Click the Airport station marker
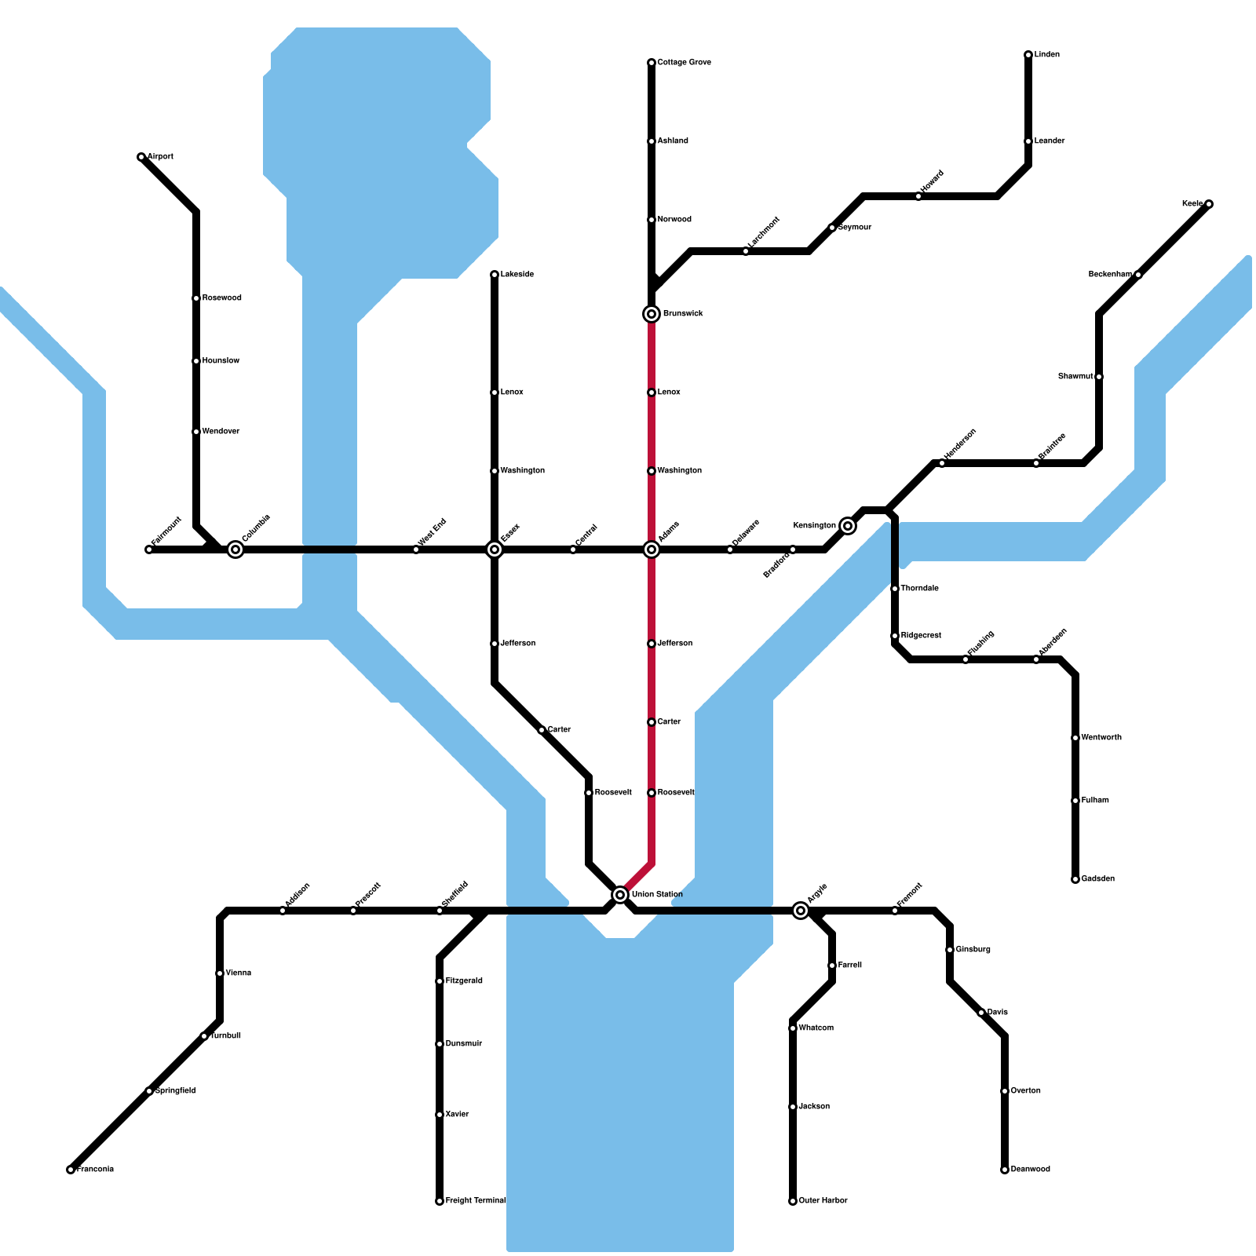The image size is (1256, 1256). (141, 157)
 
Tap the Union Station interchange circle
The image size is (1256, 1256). (620, 895)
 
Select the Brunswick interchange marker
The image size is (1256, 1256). (652, 314)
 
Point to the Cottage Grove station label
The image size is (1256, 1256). (684, 63)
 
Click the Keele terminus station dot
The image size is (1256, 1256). (1209, 204)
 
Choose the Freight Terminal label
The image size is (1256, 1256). (475, 1201)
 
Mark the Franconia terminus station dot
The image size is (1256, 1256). (71, 1170)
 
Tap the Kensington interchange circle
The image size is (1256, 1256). (848, 526)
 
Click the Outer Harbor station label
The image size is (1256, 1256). (823, 1201)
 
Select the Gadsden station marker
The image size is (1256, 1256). (1075, 879)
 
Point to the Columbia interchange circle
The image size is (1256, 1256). (235, 549)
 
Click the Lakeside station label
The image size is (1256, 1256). (517, 275)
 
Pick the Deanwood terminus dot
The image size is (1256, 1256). (1005, 1170)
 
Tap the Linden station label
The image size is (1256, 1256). (1047, 55)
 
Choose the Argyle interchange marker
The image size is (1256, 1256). (801, 911)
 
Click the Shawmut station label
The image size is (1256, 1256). (1075, 377)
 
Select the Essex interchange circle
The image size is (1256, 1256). (495, 549)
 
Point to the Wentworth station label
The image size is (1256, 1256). (1101, 738)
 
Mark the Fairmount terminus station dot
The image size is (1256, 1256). (149, 549)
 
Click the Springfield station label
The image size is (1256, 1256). (175, 1091)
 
